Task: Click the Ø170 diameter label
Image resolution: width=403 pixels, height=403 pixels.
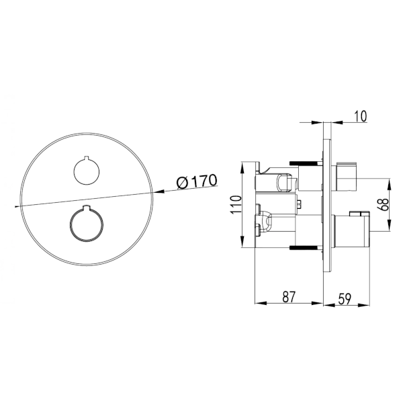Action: (x=197, y=181)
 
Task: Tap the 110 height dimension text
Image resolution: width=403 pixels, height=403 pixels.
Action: (x=236, y=205)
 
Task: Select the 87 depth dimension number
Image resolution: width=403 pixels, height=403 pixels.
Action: (x=289, y=297)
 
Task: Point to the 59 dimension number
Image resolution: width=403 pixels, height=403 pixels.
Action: (x=345, y=299)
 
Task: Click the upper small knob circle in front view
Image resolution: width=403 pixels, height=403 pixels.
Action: (x=87, y=171)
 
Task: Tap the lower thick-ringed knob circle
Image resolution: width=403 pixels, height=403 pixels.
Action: (x=87, y=224)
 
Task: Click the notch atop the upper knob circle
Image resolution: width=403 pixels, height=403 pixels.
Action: (x=87, y=157)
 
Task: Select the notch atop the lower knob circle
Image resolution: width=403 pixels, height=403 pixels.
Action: (x=87, y=207)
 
